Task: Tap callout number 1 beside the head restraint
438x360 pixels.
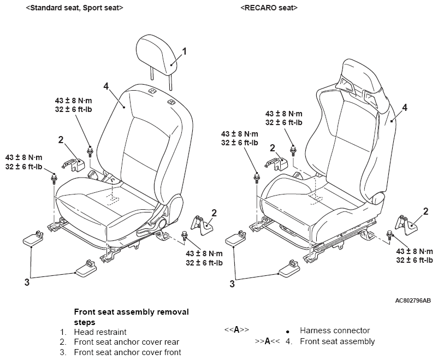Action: pos(184,51)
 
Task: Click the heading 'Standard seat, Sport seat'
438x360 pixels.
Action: pos(75,8)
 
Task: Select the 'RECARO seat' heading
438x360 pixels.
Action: pos(269,8)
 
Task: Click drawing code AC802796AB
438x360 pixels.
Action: pos(413,300)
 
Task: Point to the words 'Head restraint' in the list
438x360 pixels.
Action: pos(100,332)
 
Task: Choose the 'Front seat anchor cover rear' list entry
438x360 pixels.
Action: pos(127,342)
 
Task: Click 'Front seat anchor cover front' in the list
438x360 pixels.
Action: pos(127,352)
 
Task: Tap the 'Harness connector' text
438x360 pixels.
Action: pos(335,331)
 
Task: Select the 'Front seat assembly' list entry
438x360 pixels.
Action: pos(337,341)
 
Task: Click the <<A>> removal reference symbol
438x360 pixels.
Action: pos(236,329)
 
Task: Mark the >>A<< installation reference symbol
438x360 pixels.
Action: pos(267,341)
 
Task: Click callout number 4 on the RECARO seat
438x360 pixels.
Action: pos(404,107)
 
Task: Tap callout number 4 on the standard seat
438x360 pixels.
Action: pos(106,86)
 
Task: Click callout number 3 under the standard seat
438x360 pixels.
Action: pos(27,282)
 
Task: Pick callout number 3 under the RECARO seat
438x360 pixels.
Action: pos(232,284)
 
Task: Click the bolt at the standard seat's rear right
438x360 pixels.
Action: pos(185,235)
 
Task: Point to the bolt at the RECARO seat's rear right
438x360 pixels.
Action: pos(390,235)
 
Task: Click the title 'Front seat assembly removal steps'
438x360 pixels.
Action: pos(131,317)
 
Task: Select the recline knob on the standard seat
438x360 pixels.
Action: pos(162,223)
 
